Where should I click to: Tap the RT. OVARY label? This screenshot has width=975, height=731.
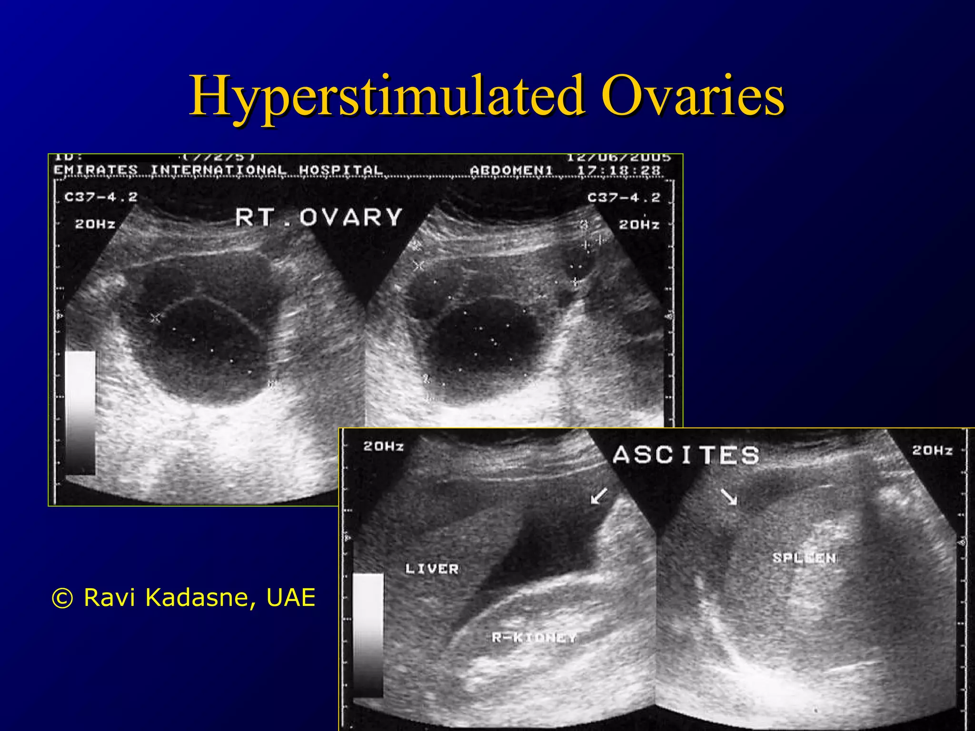point(319,217)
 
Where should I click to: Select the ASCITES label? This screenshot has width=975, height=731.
point(686,455)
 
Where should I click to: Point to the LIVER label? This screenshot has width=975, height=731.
point(432,569)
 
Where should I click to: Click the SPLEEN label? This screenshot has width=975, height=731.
point(804,558)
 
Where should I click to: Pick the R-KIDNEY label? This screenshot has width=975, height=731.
point(534,637)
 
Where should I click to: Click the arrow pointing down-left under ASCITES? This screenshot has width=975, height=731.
point(598,496)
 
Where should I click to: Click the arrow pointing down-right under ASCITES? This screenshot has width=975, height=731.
point(729,496)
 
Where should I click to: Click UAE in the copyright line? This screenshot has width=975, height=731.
point(291,597)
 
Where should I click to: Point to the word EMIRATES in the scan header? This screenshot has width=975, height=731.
point(96,170)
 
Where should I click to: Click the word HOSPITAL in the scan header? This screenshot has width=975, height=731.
point(341,170)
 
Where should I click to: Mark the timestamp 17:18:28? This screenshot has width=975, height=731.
point(619,170)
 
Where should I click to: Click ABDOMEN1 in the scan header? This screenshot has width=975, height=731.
point(511,170)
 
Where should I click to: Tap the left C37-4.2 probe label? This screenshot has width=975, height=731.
point(101,197)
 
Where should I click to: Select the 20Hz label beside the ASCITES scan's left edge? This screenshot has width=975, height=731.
point(383,446)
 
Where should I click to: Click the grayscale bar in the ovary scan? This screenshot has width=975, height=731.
point(80,413)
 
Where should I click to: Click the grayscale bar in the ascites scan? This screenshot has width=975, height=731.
point(368,634)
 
